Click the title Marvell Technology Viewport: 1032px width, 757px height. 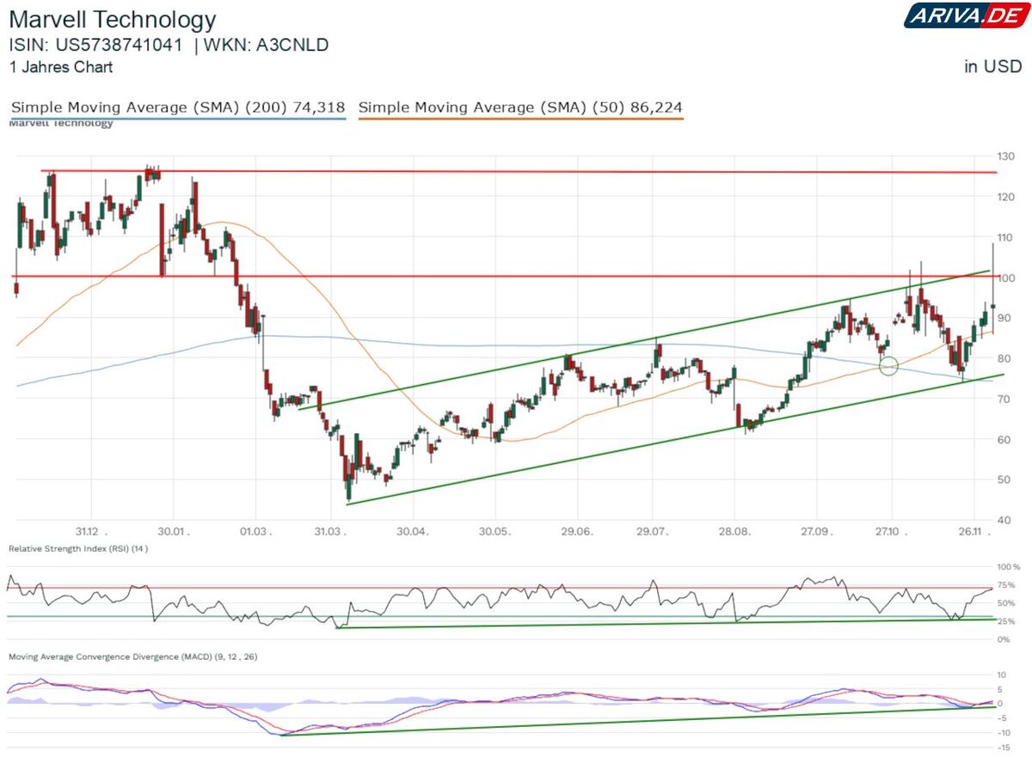pos(113,19)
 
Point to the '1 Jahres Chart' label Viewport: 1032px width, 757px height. pos(60,66)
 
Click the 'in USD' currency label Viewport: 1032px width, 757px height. pos(992,66)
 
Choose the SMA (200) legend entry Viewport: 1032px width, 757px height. pos(178,107)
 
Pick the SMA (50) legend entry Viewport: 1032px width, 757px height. pos(520,107)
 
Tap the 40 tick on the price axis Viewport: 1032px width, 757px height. pos(1004,520)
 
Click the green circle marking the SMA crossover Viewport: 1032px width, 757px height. pos(888,366)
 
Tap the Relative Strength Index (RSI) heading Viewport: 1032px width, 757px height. pos(77,548)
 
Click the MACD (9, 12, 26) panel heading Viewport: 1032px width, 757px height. pos(132,656)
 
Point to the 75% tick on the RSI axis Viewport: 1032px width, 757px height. pos(1004,585)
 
